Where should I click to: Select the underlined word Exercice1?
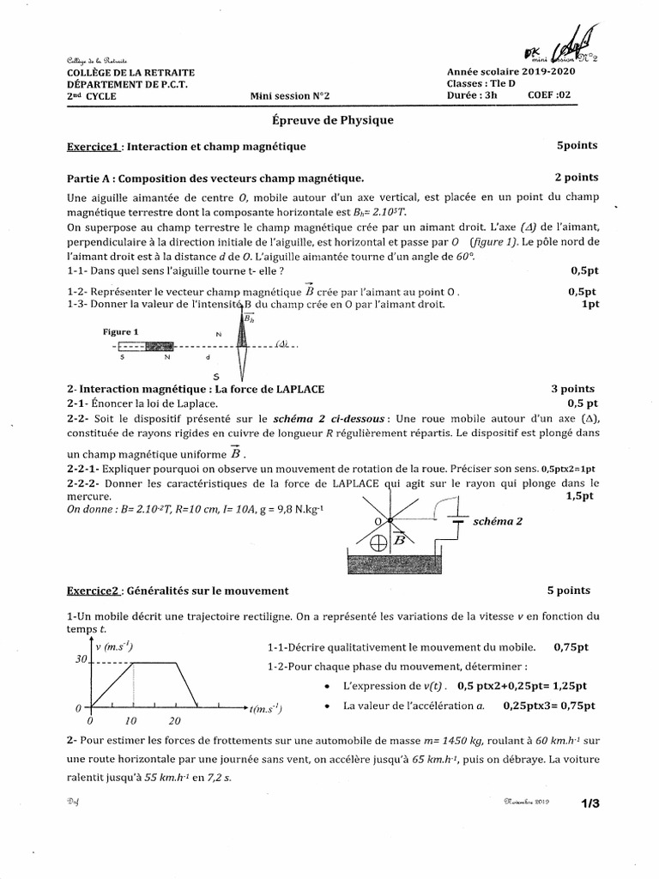94,147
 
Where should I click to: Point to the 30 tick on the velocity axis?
82,659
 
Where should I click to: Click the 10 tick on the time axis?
131,721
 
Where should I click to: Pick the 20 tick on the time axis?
175,721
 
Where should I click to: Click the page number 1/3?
590,803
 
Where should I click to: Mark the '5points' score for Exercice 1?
577,146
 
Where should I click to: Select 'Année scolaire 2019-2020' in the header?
511,72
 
